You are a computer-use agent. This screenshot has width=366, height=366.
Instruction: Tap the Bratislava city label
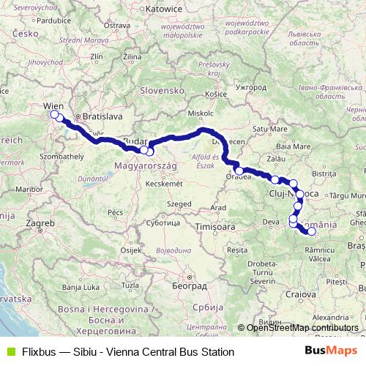click(103, 116)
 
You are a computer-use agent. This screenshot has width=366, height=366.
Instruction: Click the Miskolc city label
click(201, 114)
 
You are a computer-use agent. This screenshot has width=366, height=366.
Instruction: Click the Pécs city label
click(115, 212)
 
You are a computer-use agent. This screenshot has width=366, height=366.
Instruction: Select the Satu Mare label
click(268, 130)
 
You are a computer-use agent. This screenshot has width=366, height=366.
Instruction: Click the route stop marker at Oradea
click(239, 171)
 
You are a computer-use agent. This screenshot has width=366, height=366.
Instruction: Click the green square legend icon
click(9, 352)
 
